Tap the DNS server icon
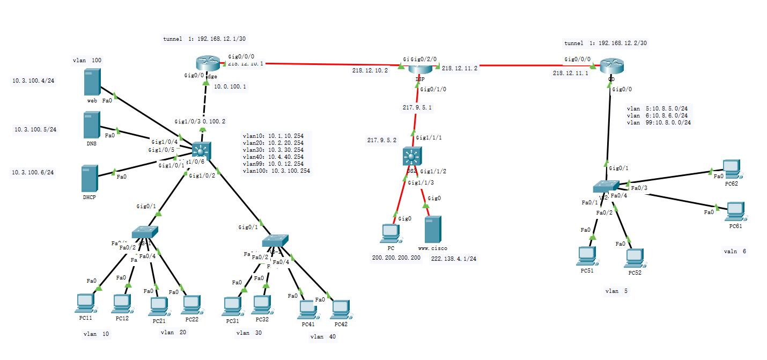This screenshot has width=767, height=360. [92, 124]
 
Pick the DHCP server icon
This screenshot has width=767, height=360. [89, 178]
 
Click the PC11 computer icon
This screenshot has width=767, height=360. [85, 304]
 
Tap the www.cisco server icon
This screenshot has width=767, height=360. [432, 230]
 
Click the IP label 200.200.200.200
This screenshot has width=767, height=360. [396, 258]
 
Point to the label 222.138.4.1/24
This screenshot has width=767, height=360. [454, 259]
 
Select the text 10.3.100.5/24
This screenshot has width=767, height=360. [35, 129]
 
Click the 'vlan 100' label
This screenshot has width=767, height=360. [87, 61]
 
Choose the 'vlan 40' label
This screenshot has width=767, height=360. [323, 337]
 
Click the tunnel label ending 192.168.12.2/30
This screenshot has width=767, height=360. [606, 43]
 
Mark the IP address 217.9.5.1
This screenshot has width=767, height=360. [417, 107]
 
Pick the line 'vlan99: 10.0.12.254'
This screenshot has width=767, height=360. [273, 164]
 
